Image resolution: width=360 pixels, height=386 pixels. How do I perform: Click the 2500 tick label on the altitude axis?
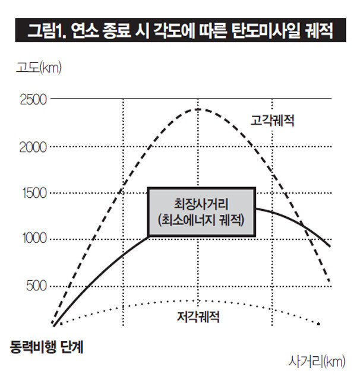pos(33,99)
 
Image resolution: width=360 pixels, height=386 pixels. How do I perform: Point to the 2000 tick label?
pos(33,146)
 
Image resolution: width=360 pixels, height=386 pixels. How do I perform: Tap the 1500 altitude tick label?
pos(33,192)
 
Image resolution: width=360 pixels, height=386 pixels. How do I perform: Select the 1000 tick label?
pos(33,239)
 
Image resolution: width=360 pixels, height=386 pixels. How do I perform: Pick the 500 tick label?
pos(36,286)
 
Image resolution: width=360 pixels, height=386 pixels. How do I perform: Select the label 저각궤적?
pos(198,317)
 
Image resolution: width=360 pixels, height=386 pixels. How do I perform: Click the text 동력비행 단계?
pos(48,347)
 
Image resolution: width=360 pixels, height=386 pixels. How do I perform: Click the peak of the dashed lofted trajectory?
pos(198,109)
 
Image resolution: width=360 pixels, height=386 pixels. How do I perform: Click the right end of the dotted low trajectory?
pos(320,324)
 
